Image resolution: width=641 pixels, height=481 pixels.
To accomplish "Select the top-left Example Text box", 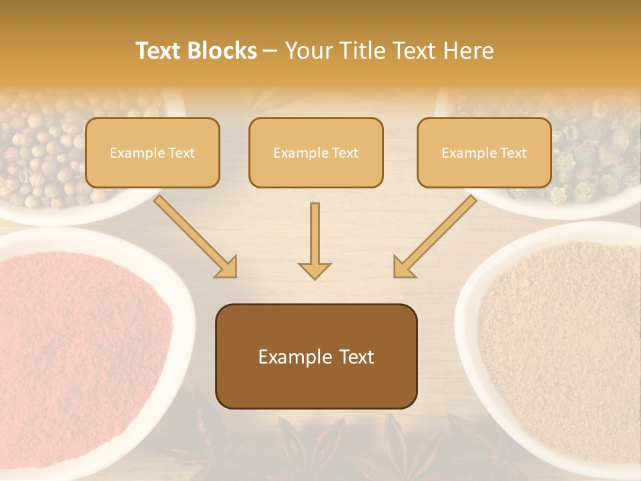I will tap(152, 153).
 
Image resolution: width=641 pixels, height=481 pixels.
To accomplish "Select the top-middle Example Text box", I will tap(316, 153).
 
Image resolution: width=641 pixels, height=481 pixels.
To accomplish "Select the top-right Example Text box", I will tap(484, 153).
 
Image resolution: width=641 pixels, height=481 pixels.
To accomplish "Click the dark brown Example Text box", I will tap(316, 357).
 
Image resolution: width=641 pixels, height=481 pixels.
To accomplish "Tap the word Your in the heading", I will tap(309, 51).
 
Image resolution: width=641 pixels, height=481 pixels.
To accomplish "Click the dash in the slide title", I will tap(270, 51).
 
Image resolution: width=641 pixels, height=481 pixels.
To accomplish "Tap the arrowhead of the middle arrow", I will tap(314, 271).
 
